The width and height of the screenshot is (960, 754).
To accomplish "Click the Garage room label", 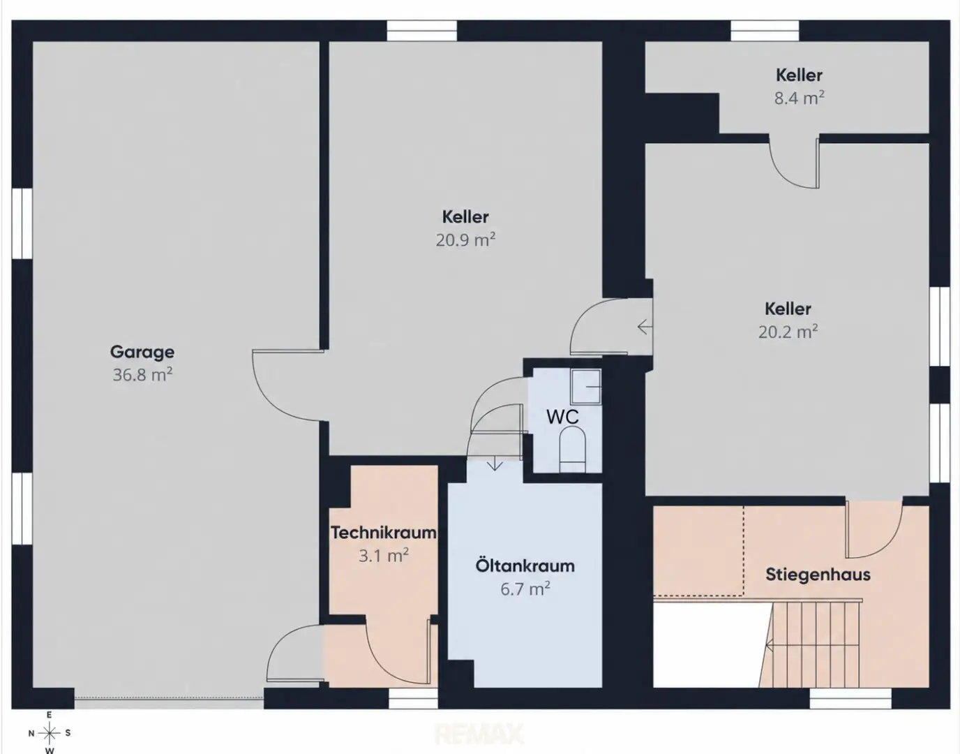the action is (x=142, y=353).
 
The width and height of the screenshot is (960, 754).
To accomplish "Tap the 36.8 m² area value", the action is (x=142, y=375).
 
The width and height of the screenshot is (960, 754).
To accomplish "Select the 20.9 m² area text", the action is (x=465, y=240).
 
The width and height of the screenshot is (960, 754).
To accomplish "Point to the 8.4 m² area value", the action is (x=799, y=98).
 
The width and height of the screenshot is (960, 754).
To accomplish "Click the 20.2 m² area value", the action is (x=788, y=332).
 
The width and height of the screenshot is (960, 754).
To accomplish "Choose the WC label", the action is (x=562, y=417).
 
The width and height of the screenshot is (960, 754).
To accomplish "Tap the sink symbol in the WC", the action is (x=586, y=386).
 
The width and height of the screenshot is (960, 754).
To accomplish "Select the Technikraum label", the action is (x=384, y=533).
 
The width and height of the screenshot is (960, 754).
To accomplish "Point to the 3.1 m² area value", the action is (x=384, y=556).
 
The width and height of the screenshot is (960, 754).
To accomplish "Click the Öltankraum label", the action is (x=525, y=566).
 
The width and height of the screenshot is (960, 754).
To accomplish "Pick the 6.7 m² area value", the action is (x=525, y=589).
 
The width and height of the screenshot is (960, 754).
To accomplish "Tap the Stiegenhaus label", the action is (x=818, y=575).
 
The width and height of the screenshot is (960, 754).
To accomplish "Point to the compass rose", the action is (x=50, y=734).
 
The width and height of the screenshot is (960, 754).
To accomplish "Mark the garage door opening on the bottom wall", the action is (x=169, y=698).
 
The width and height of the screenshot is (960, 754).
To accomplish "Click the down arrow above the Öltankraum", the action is (x=495, y=465).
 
